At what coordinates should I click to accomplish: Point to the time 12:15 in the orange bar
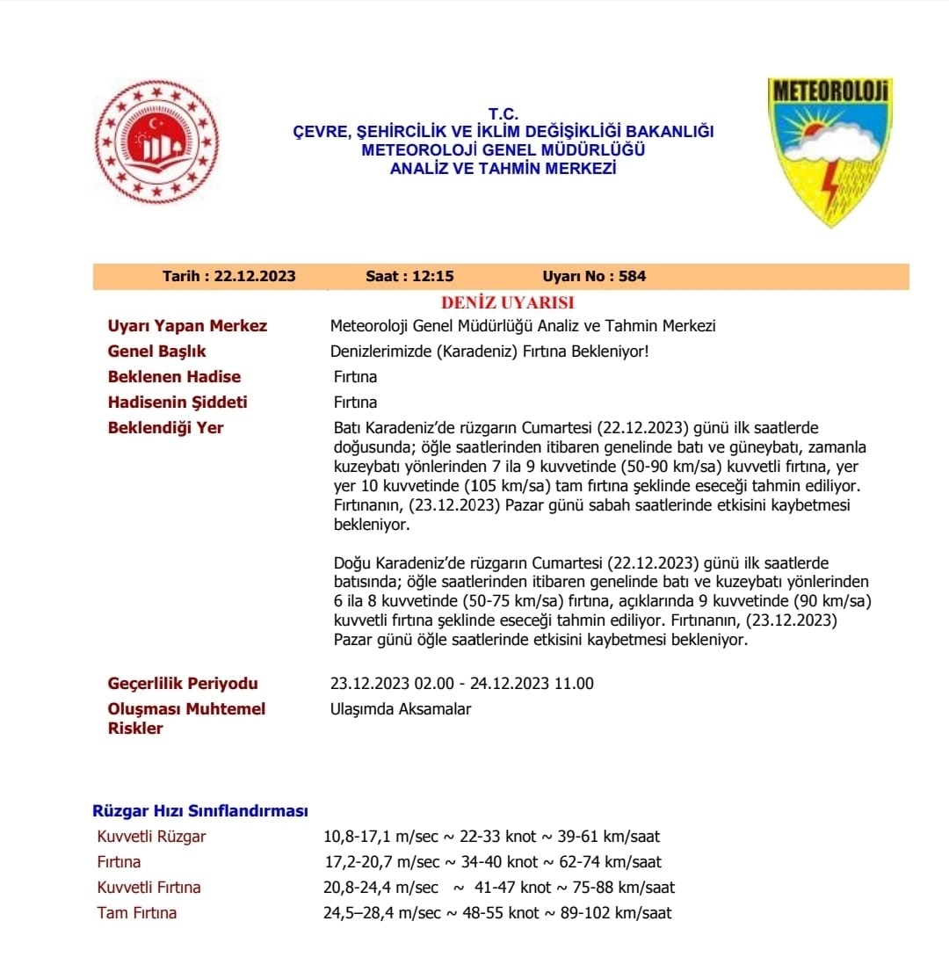click(433, 276)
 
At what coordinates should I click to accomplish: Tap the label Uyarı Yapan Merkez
click(187, 326)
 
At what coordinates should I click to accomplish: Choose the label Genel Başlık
click(156, 352)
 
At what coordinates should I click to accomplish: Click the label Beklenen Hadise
click(174, 377)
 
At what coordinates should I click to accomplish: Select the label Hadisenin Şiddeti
click(177, 403)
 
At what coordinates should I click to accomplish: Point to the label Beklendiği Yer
click(165, 428)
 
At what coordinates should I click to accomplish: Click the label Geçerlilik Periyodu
click(183, 683)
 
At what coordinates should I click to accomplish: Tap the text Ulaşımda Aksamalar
click(401, 708)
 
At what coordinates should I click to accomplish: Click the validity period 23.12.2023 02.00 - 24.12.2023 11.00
click(462, 683)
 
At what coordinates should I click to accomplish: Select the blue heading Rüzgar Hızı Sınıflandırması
click(200, 810)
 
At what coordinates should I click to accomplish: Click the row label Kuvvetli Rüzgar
click(152, 836)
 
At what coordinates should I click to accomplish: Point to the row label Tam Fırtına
click(137, 912)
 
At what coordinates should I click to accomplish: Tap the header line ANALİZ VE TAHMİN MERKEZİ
click(503, 168)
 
